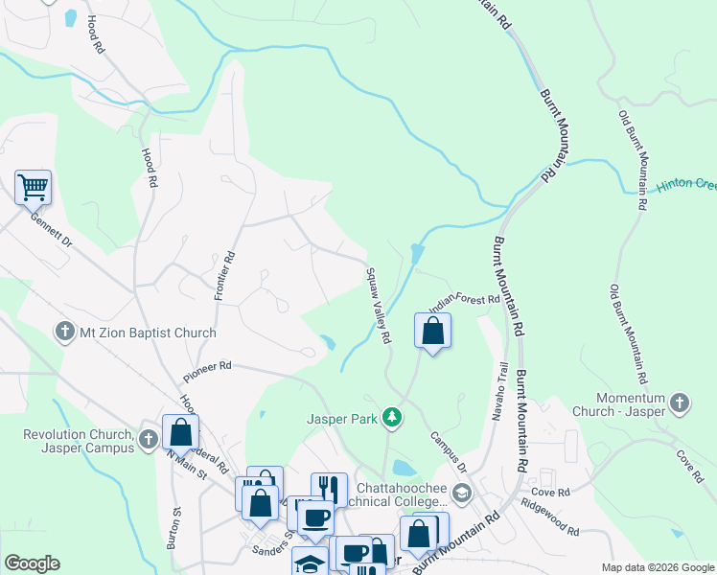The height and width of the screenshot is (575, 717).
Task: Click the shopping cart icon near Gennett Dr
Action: pos(33,187)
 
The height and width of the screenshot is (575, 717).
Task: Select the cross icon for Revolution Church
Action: pos(148,440)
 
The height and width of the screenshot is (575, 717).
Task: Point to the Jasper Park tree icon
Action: pos(391,417)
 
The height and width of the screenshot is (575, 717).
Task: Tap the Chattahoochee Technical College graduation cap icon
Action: pos(462,493)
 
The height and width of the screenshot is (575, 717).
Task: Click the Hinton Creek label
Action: pos(685,184)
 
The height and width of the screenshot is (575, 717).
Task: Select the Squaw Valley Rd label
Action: pos(378,305)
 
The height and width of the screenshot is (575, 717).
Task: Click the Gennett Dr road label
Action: pos(51,228)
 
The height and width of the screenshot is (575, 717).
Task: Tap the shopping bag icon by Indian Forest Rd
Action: pos(433,332)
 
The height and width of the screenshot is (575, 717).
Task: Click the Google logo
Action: pos(32,563)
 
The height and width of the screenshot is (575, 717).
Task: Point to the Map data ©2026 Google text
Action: pos(657,567)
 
